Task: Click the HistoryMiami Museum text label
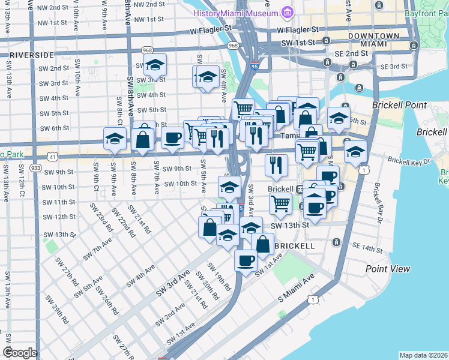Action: pyautogui.click(x=237, y=13)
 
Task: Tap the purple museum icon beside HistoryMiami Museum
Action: pyautogui.click(x=287, y=13)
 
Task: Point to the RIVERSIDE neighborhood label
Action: pyautogui.click(x=31, y=55)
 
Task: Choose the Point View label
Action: pyautogui.click(x=387, y=269)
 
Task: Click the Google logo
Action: pyautogui.click(x=20, y=352)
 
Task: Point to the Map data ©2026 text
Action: pyautogui.click(x=423, y=355)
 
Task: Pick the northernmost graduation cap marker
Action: pyautogui.click(x=155, y=66)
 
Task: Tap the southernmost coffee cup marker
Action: pyautogui.click(x=246, y=261)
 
